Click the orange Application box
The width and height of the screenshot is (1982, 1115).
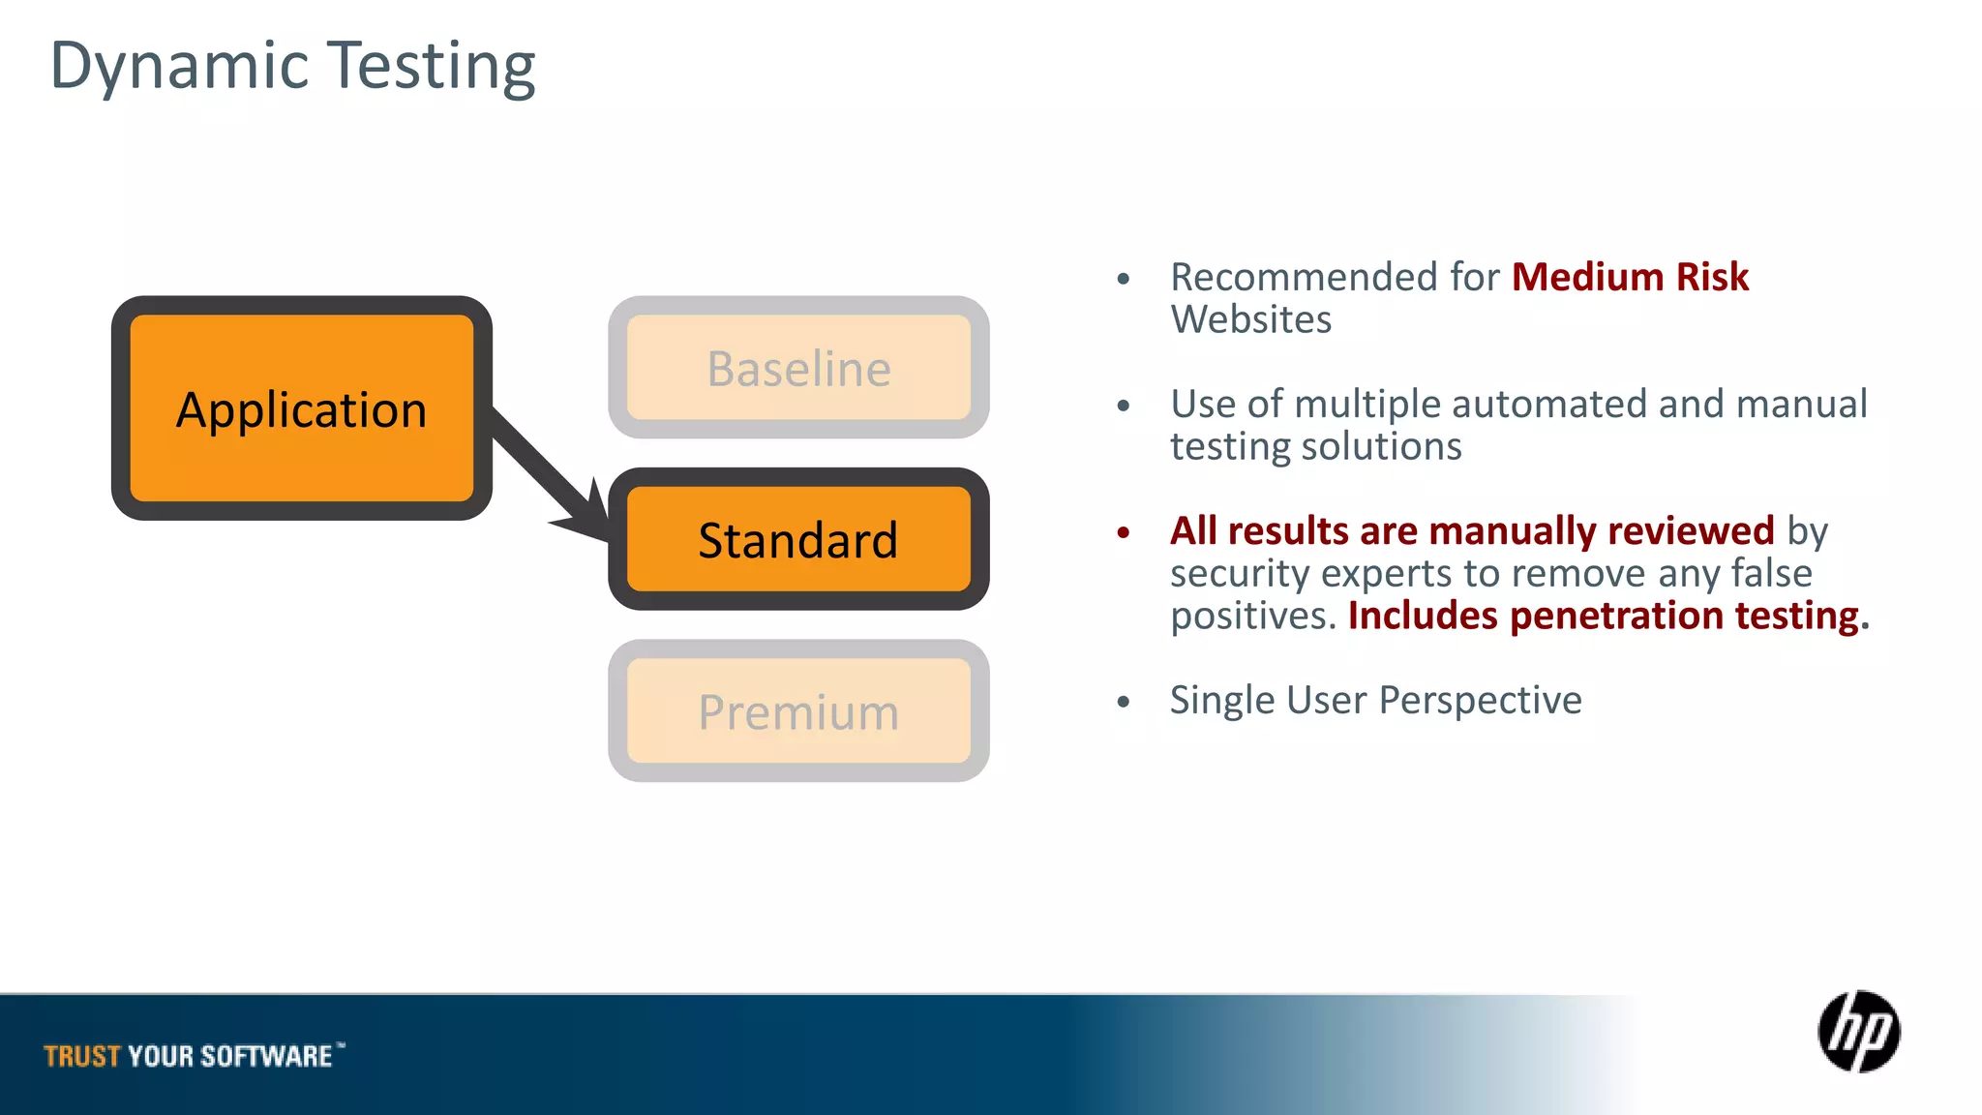tap(301, 408)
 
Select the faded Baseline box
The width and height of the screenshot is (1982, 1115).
tap(798, 368)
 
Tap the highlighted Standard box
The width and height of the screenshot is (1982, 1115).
tap(798, 539)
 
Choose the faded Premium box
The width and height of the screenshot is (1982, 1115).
tap(798, 711)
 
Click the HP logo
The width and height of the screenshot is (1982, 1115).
tap(1858, 1032)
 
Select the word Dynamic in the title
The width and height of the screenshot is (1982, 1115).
tap(179, 66)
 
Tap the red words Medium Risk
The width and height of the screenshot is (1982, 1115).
tap(1630, 277)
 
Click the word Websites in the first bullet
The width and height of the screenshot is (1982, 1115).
tap(1250, 319)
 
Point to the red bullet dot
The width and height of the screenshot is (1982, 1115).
tap(1123, 532)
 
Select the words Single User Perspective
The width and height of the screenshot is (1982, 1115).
tap(1375, 700)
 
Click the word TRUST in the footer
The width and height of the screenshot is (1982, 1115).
tap(82, 1056)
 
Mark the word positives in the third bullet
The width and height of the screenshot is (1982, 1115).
tap(1252, 616)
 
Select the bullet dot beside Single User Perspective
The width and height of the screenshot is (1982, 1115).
tap(1123, 702)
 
